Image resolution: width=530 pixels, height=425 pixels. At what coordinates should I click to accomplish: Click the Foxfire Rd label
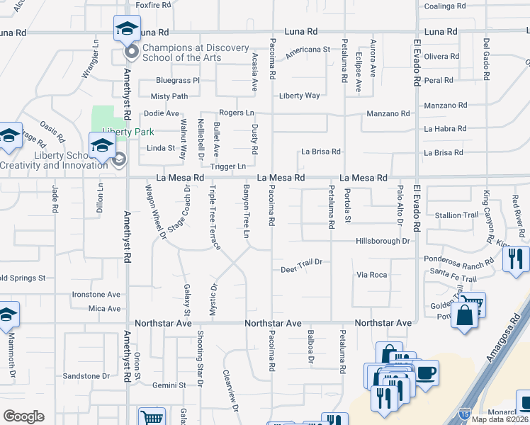click(153, 5)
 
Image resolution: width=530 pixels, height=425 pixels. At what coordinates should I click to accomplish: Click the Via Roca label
click(372, 274)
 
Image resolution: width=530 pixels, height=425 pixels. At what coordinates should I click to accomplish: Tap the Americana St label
click(308, 51)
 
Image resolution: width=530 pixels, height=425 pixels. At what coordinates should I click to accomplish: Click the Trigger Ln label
click(228, 166)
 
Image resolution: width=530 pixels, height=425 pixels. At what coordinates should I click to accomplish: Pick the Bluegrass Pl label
click(178, 81)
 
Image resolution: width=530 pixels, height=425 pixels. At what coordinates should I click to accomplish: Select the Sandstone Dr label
click(86, 376)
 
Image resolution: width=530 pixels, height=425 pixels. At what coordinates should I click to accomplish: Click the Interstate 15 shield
click(464, 412)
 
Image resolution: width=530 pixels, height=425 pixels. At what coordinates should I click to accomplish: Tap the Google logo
click(23, 416)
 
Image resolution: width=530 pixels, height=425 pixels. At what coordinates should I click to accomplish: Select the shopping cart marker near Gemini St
click(152, 416)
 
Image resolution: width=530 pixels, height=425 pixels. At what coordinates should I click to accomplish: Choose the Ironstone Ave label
click(96, 295)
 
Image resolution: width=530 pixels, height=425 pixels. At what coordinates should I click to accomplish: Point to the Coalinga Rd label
click(445, 6)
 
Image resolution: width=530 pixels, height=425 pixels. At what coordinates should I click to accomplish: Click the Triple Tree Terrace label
click(213, 217)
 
